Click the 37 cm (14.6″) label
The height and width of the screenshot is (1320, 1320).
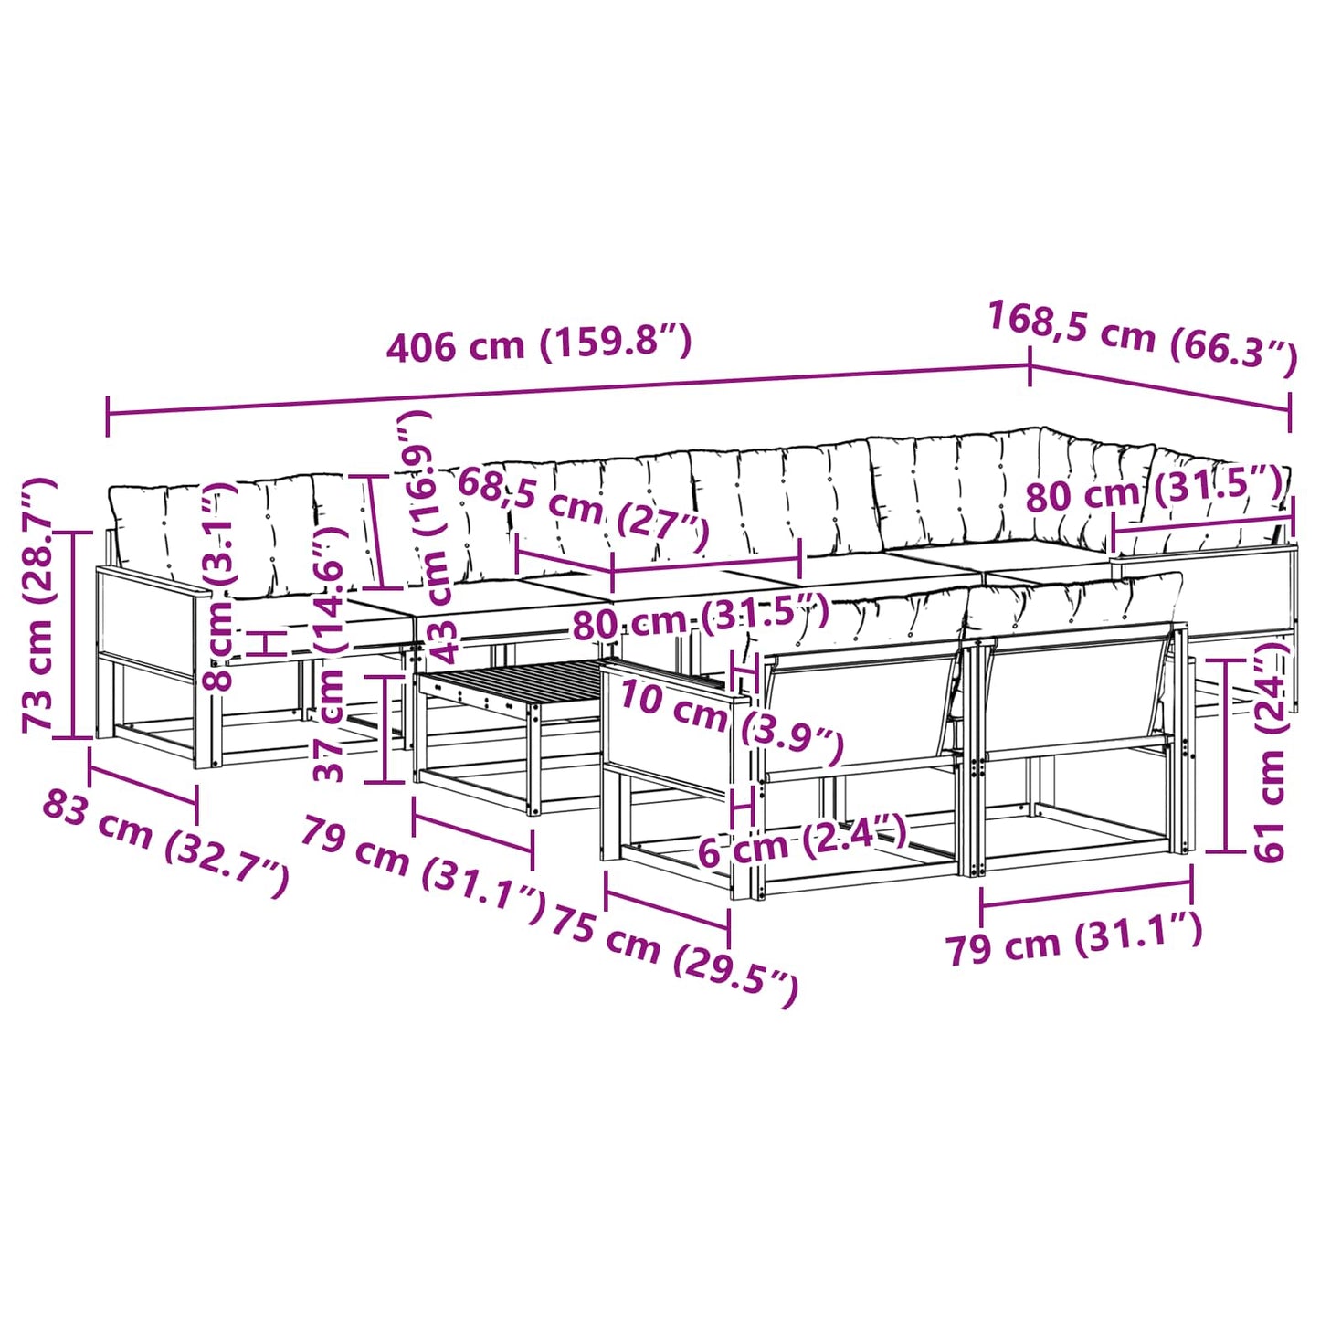click(x=328, y=653)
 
